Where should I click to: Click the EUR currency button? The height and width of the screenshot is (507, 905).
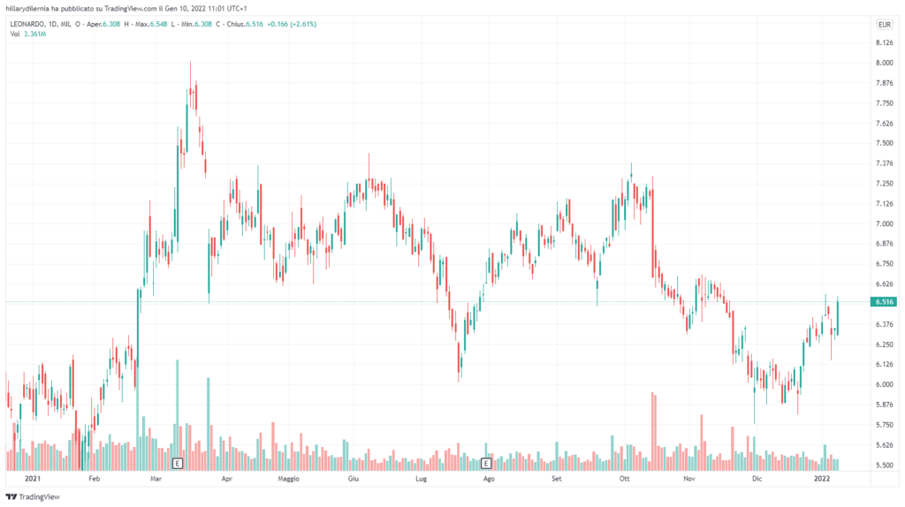tap(884, 24)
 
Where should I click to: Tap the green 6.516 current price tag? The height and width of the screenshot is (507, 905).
tap(884, 302)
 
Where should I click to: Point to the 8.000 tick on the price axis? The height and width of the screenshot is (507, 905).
tap(883, 63)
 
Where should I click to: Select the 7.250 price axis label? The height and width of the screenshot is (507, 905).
tap(883, 184)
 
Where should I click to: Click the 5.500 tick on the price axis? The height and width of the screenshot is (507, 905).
tap(883, 465)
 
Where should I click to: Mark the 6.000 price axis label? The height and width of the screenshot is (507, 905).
tap(883, 384)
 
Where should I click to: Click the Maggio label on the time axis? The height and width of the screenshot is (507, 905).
tap(289, 480)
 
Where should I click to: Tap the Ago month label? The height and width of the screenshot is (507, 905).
tap(489, 480)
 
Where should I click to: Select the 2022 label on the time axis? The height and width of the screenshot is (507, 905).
tap(822, 480)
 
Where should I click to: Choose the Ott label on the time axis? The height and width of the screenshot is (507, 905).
tap(624, 480)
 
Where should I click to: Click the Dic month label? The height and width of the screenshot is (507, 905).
tap(756, 480)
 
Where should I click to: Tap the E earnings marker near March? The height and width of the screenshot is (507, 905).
tap(177, 462)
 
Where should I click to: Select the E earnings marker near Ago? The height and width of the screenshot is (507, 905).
tap(486, 462)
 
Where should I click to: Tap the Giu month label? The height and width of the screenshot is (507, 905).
tap(353, 480)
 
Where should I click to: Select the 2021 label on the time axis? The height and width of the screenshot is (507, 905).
tap(34, 480)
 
